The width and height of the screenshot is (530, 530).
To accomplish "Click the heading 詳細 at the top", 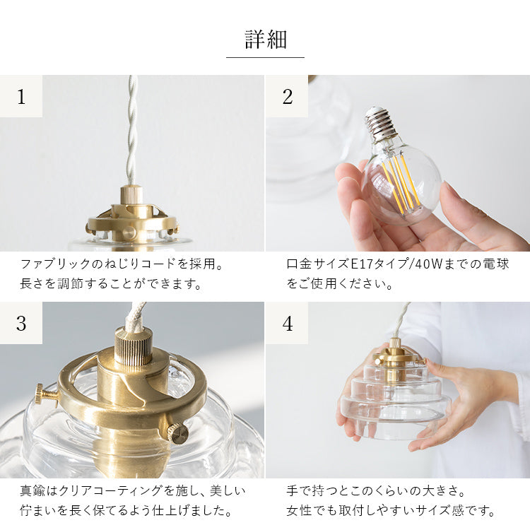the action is [x=266, y=40].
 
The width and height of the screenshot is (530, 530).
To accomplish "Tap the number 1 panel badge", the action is [x=21, y=96].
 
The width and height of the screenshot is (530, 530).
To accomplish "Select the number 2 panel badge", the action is [x=287, y=96].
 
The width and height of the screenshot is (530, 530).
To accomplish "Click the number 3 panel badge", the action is [x=21, y=323].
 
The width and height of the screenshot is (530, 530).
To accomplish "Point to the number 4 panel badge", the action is [x=287, y=323].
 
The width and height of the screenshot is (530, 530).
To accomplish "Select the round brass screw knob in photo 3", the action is [x=179, y=434].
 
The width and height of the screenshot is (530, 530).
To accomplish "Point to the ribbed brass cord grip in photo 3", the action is [x=134, y=346].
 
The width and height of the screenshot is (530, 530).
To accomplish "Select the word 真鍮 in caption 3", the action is [x=33, y=491].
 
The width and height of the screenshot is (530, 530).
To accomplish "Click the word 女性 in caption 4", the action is [x=299, y=510].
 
